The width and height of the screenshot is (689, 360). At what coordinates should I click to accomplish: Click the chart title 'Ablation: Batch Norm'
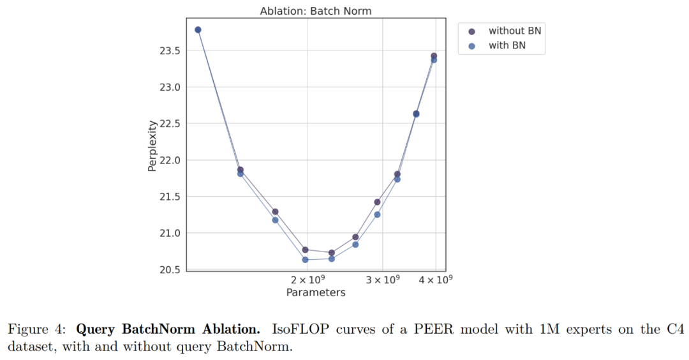pos(315,11)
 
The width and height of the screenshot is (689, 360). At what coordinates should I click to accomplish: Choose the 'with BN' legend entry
pos(507,46)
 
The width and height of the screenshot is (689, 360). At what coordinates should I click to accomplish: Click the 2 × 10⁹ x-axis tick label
pos(308,280)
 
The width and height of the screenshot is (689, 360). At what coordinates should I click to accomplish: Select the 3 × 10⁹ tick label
pos(382,280)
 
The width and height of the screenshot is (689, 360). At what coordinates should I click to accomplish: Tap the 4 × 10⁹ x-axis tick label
pos(435,280)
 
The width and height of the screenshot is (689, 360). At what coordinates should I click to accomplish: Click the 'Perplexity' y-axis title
pos(152,146)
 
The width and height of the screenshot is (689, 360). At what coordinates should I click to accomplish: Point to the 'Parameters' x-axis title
pos(315,293)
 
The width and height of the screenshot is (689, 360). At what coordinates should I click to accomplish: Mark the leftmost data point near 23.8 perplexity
pos(198,30)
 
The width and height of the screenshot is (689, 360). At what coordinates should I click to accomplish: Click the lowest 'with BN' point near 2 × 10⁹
pos(305,260)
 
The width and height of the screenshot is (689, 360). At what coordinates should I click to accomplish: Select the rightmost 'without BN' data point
pos(434,56)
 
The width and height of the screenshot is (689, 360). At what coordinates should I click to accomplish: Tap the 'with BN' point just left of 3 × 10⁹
pos(377,214)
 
